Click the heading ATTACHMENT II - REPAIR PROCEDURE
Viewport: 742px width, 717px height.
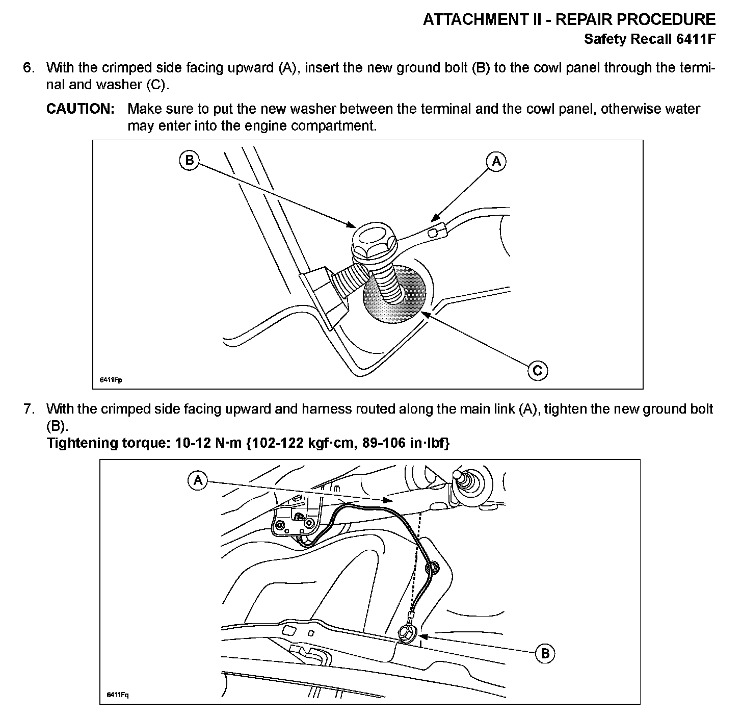[569, 19]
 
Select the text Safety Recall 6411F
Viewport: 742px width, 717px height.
[649, 39]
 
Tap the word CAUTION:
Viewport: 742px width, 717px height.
[80, 109]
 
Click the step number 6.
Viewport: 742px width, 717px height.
[29, 68]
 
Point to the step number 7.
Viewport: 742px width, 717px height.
[29, 408]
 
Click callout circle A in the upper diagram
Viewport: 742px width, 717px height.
[496, 162]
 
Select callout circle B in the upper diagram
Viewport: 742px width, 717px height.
[189, 161]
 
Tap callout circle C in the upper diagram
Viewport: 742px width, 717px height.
[537, 370]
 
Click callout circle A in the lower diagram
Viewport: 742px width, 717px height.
[197, 480]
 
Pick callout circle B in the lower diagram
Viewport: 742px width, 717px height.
[545, 653]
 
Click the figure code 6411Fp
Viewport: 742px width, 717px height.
[111, 379]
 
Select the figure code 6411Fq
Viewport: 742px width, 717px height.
[118, 696]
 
